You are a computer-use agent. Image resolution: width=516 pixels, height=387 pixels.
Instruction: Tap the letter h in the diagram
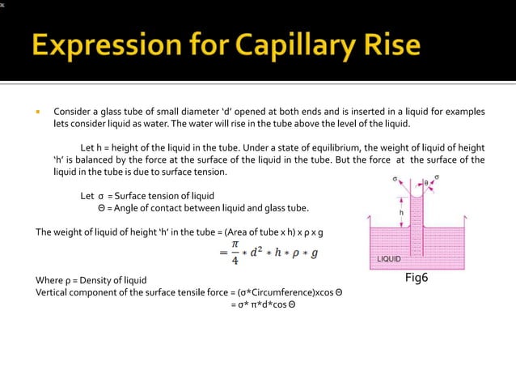401,213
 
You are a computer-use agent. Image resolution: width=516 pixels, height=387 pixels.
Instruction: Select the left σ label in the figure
395,178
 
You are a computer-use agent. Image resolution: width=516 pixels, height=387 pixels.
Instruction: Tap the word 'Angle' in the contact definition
121,208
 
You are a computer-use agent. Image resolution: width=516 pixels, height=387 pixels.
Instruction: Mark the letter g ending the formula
315,253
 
